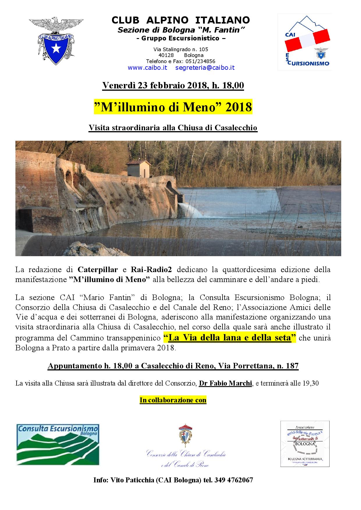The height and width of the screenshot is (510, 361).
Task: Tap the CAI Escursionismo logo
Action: coord(304,42)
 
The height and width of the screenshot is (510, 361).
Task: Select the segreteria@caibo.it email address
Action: coord(205,68)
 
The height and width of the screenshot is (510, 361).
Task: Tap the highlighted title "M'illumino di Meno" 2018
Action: coord(173,107)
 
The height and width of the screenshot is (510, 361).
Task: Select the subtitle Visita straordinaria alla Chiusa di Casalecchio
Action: coord(173,128)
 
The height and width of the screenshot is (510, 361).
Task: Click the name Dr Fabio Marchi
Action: coord(225,383)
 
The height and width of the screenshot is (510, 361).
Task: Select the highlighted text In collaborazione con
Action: coord(173,400)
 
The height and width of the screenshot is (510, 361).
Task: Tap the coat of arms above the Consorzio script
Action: coord(185,436)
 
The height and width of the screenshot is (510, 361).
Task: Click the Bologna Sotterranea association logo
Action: coord(305,444)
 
